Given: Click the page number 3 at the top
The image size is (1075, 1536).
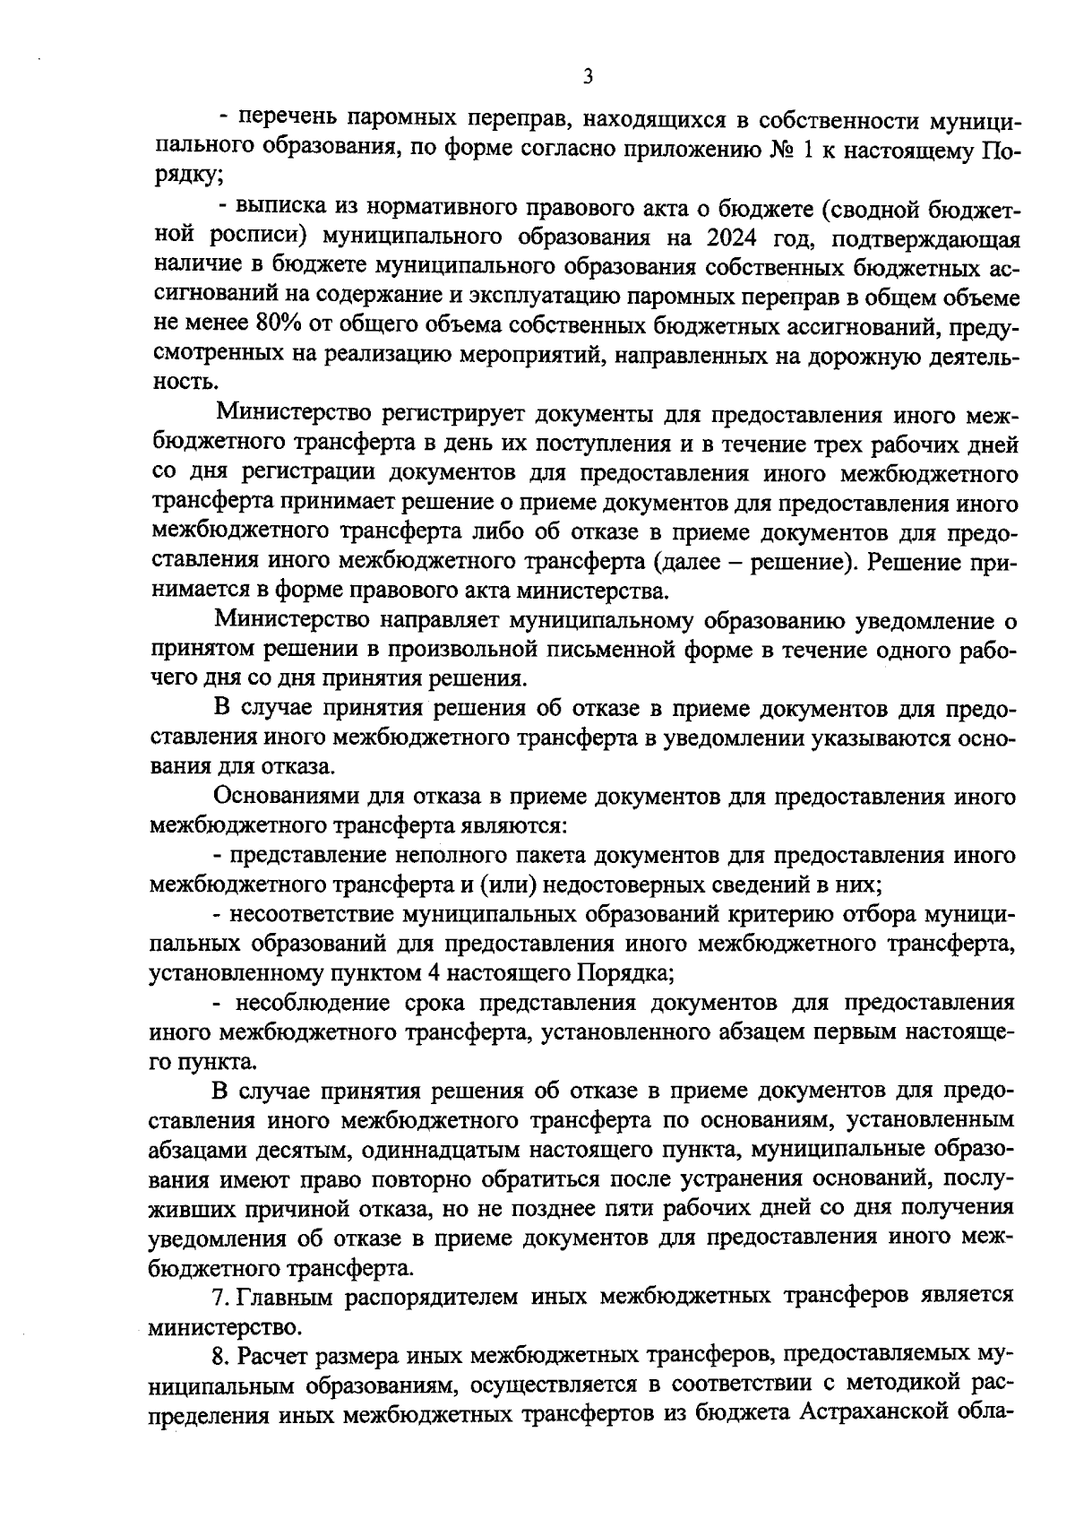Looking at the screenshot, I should click(x=588, y=77).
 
